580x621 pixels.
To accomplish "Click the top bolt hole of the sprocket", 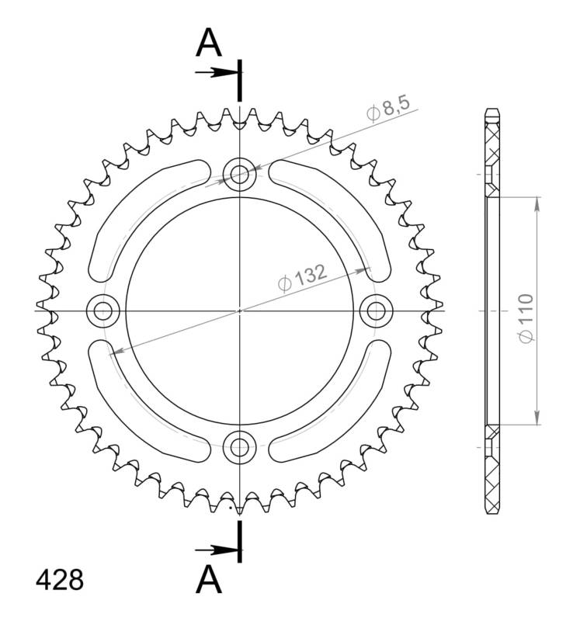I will pos(239,174).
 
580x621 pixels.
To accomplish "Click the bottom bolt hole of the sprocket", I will pos(239,446).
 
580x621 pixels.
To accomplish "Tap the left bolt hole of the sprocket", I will pos(102,310).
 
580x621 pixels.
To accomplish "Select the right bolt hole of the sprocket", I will pos(377,310).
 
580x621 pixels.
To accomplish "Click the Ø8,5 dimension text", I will pos(387,107).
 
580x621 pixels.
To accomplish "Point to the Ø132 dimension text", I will pos(301,276).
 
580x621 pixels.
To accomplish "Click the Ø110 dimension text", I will pos(526,318).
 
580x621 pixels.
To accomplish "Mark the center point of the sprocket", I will pos(239,310).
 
